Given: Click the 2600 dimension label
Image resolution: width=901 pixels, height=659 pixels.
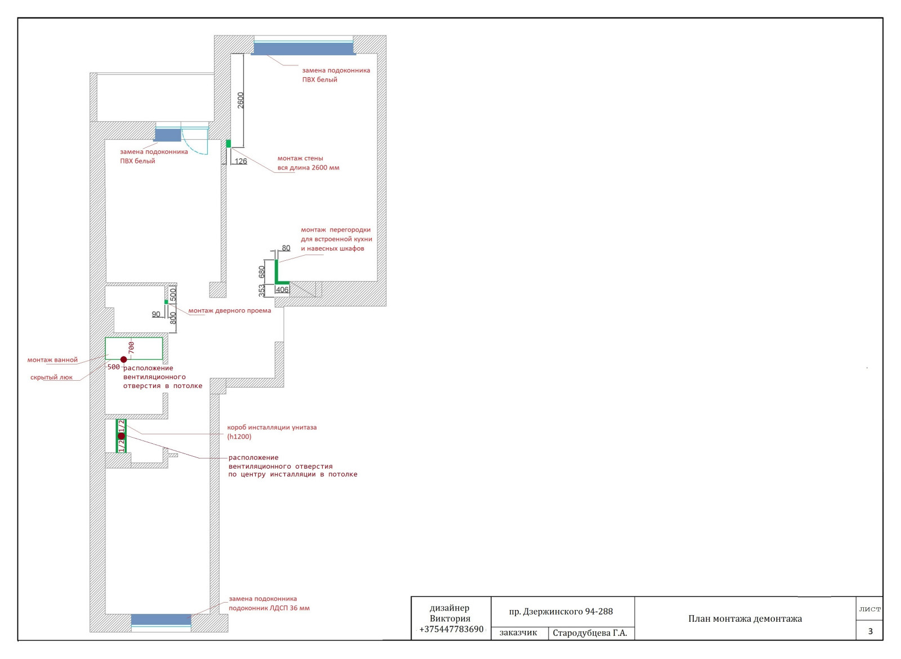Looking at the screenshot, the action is pyautogui.click(x=240, y=100).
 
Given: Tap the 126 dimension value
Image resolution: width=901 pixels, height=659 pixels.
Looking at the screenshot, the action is pyautogui.click(x=241, y=161).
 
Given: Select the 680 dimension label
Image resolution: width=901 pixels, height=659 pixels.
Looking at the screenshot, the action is pyautogui.click(x=262, y=272).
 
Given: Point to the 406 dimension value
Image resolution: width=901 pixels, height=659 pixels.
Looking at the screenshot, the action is pyautogui.click(x=282, y=290).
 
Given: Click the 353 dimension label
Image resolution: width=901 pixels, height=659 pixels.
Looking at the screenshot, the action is pyautogui.click(x=262, y=291).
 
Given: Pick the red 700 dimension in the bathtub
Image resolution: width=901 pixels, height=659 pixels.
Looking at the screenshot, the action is pyautogui.click(x=131, y=348).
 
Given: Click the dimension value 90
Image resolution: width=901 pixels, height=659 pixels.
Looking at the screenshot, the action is pyautogui.click(x=156, y=314).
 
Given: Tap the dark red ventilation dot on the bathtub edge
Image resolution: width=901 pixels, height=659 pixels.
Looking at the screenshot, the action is pyautogui.click(x=124, y=359).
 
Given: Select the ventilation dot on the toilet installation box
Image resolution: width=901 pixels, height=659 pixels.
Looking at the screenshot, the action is pyautogui.click(x=122, y=436).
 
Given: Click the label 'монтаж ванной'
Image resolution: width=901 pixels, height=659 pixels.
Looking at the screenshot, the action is pyautogui.click(x=52, y=360).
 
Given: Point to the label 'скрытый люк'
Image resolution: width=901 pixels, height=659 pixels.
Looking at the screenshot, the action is pyautogui.click(x=51, y=377).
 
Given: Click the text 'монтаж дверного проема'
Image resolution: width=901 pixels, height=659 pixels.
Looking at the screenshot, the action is pyautogui.click(x=230, y=310).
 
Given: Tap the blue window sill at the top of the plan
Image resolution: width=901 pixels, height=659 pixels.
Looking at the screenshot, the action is pyautogui.click(x=304, y=48).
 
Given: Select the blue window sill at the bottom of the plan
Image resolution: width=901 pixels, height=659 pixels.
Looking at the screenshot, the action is pyautogui.click(x=161, y=620).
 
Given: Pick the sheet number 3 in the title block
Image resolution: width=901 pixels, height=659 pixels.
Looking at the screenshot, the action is pyautogui.click(x=871, y=631).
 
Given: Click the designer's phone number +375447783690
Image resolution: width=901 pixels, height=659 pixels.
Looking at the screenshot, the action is pyautogui.click(x=451, y=629).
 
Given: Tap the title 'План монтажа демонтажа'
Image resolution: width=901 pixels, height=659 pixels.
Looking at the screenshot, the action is pyautogui.click(x=745, y=619).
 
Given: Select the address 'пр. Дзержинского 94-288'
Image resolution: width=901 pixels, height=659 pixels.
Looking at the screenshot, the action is pyautogui.click(x=561, y=612).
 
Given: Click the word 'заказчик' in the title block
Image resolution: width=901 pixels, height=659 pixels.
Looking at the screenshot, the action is pyautogui.click(x=518, y=633).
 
